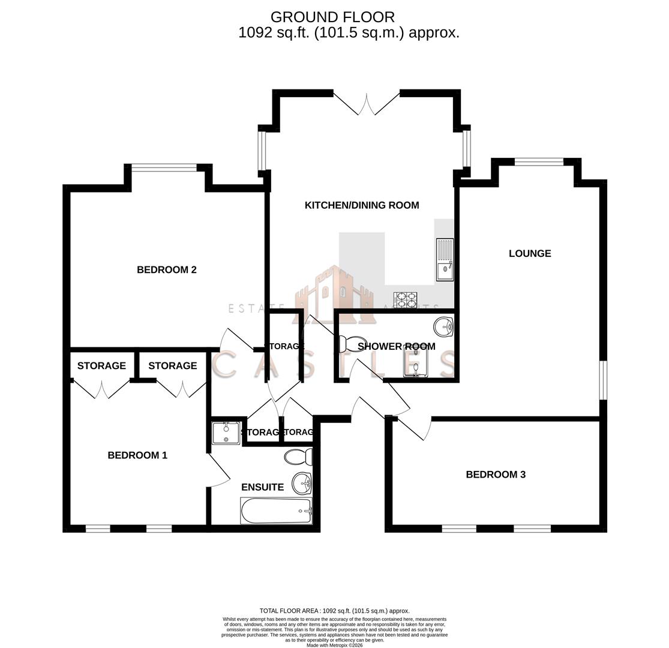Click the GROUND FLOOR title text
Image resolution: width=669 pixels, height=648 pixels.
[332, 17]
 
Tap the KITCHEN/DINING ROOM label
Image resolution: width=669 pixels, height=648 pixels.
[362, 205]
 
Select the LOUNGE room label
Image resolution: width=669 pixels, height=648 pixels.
[530, 253]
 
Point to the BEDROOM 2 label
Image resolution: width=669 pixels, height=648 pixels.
[167, 270]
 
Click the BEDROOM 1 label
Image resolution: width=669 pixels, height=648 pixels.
[137, 455]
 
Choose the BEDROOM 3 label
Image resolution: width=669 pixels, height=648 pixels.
[496, 475]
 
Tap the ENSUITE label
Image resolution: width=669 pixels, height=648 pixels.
[262, 487]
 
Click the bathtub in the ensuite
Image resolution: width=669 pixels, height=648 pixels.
[276, 511]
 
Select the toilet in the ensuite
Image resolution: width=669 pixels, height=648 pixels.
[298, 457]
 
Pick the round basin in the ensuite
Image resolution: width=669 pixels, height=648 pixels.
[302, 482]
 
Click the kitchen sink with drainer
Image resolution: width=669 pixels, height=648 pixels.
[445, 259]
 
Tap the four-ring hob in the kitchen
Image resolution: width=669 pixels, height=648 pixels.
[405, 299]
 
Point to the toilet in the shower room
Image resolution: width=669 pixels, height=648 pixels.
[352, 344]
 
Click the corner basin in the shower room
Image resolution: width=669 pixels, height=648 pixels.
[443, 327]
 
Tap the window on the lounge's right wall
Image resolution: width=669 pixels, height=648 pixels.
[603, 380]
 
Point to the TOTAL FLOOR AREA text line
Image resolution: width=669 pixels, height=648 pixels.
[334, 611]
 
